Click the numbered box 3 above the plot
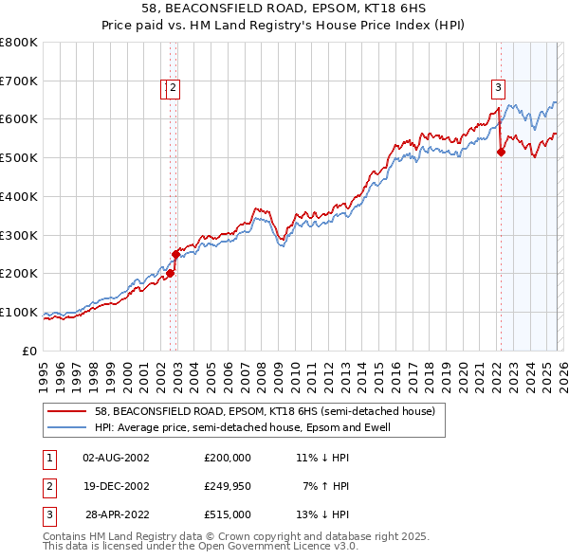pyautogui.click(x=497, y=89)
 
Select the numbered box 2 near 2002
pyautogui.click(x=175, y=89)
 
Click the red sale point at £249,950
pyautogui.click(x=175, y=254)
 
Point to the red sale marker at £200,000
pyautogui.click(x=170, y=273)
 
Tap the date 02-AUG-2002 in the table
pyautogui.click(x=116, y=457)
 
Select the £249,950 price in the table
pyautogui.click(x=228, y=486)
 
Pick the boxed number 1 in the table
pyautogui.click(x=48, y=457)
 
